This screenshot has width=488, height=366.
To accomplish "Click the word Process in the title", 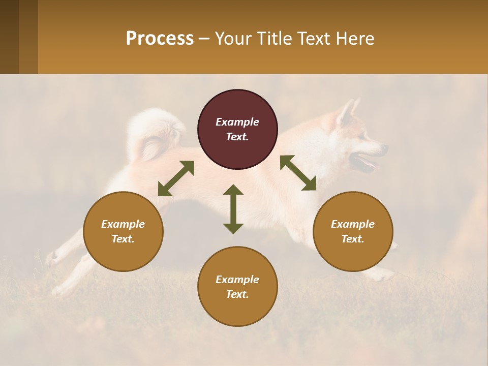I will coord(160,38).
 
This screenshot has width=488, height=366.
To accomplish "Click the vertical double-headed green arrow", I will coord(233,209).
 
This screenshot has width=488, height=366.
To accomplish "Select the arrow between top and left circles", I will coord(176,178).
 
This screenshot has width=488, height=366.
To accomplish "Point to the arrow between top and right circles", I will coord(298,173).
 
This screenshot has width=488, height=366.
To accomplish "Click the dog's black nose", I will coord(385,148).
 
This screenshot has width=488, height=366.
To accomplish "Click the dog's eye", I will coord(362,136).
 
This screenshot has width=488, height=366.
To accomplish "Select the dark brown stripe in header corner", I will coord(9,37).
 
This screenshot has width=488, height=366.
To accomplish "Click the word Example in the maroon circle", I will coord(237,122).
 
